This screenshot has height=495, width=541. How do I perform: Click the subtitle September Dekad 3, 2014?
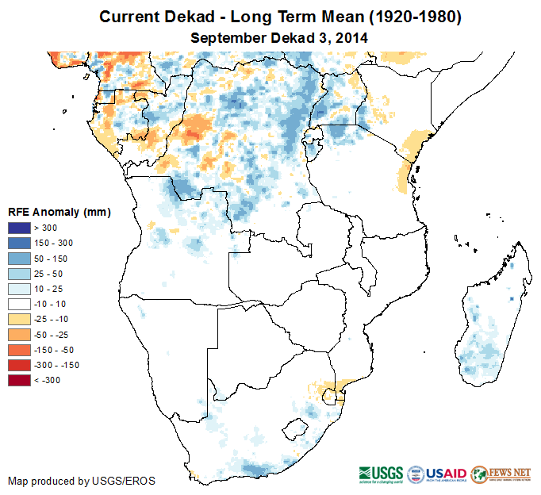[x=279, y=37]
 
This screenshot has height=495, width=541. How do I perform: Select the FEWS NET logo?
[x=500, y=474]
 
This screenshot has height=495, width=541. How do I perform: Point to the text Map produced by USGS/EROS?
[x=82, y=481]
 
